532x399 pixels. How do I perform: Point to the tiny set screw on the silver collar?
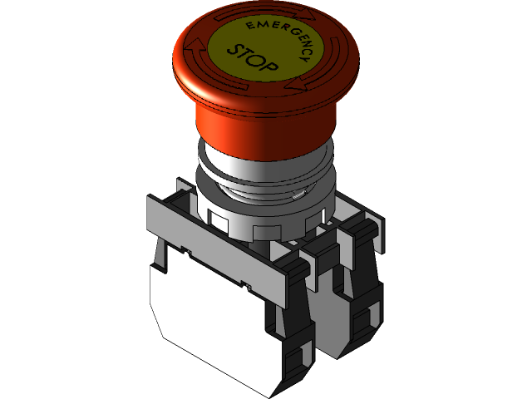coord(297,196)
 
